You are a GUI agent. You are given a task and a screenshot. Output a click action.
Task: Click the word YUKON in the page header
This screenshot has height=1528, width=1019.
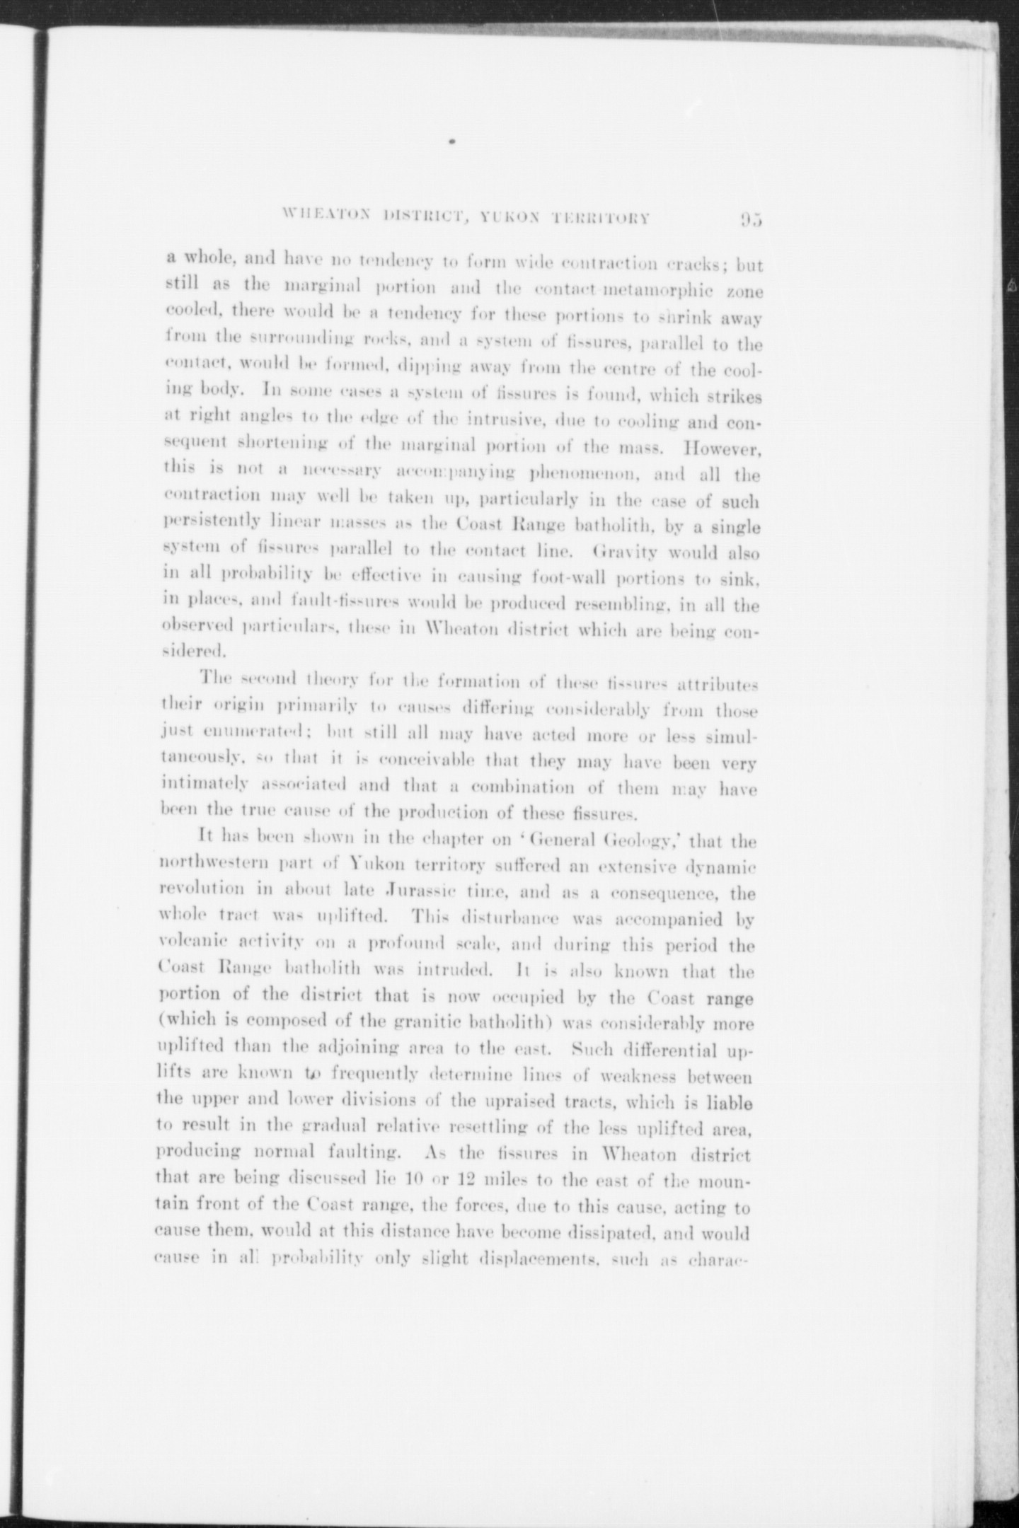click(512, 217)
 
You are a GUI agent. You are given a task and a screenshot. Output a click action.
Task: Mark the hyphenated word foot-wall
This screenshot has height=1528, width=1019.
click(563, 579)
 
